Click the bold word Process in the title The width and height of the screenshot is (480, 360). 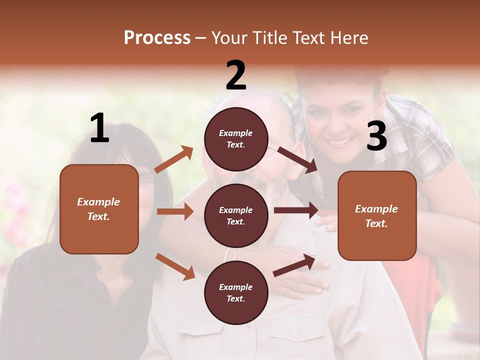(x=157, y=38)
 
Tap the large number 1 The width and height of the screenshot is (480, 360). (x=99, y=128)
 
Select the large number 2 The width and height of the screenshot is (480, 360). (x=236, y=75)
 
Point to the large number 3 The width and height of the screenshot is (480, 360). (x=376, y=136)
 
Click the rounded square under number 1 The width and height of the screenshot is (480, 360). (x=99, y=209)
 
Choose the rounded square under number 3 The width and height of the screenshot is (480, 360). (x=377, y=215)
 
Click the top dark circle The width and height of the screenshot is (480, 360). (x=236, y=139)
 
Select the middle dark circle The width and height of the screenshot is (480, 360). (x=236, y=215)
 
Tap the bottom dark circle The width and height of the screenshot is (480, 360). (x=236, y=292)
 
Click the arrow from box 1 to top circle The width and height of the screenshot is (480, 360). (x=174, y=159)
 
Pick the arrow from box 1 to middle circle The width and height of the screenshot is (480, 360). (x=175, y=211)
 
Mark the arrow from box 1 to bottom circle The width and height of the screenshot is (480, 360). (x=175, y=266)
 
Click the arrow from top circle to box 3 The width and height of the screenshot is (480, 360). (x=297, y=160)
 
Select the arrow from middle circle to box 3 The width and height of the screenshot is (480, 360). (x=296, y=210)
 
